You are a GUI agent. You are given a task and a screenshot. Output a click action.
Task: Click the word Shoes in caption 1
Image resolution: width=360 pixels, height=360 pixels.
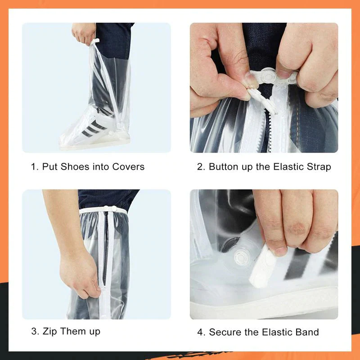[75, 166]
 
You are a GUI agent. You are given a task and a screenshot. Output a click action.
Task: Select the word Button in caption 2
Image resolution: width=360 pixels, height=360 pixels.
[225, 166]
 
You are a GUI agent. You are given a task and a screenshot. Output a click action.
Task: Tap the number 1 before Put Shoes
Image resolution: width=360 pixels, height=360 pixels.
[33, 166]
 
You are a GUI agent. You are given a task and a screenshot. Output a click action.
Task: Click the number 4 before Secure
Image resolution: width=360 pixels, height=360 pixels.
[200, 333]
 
